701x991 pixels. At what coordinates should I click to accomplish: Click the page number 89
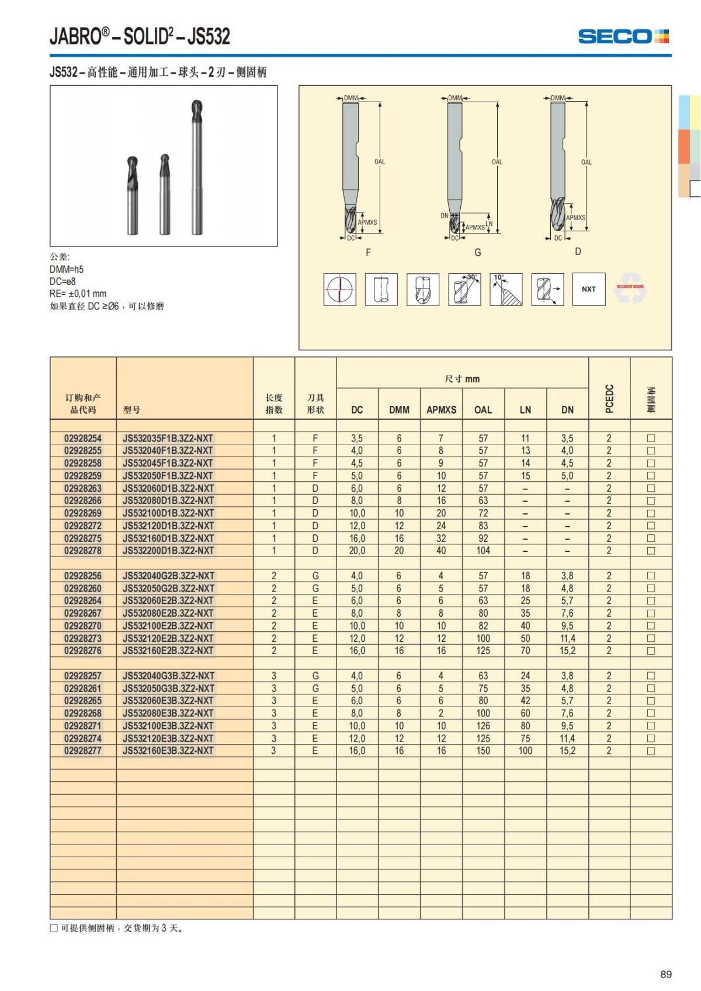[x=666, y=974]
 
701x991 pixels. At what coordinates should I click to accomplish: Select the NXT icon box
[x=588, y=289]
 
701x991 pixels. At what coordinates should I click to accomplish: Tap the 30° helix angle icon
[x=464, y=289]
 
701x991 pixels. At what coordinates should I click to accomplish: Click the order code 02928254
[x=83, y=438]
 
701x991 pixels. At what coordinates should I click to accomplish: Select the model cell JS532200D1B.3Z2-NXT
[x=168, y=551]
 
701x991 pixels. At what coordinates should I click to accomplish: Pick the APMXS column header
[x=441, y=410]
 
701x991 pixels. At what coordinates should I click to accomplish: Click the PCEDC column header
[x=609, y=399]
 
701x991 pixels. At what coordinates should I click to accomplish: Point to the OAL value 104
[x=483, y=551]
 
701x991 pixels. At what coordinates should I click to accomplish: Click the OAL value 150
[x=483, y=750]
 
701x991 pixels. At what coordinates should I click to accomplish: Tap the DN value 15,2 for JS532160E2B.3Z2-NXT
[x=567, y=651]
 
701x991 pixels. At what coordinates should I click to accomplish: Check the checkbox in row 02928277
[x=651, y=751]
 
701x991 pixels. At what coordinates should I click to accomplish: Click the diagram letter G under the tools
[x=478, y=252]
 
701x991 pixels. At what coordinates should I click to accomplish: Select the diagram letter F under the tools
[x=368, y=252]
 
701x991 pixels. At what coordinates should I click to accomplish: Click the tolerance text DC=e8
[x=63, y=281]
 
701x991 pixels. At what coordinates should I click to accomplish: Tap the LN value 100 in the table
[x=525, y=750]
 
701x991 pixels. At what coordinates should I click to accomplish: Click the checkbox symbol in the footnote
[x=54, y=928]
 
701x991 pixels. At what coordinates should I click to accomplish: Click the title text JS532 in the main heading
[x=209, y=37]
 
